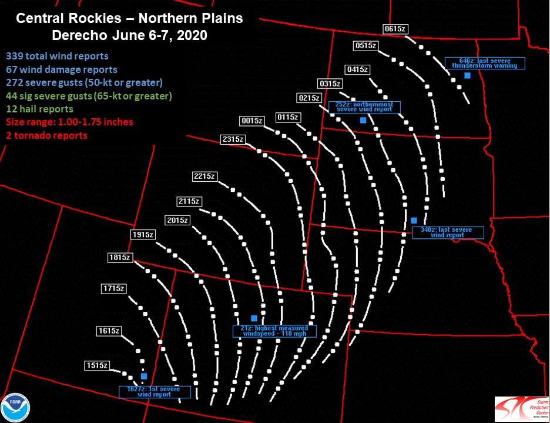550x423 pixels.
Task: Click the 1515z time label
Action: point(97,365)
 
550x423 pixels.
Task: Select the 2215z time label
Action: point(205,176)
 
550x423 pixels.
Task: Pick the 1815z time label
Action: point(120,257)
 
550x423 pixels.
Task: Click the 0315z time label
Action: point(330,83)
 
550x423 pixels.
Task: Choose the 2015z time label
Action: point(177,220)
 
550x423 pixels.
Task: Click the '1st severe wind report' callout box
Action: point(155,392)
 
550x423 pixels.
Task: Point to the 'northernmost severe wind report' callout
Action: point(364,107)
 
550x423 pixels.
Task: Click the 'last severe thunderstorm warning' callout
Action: point(485,64)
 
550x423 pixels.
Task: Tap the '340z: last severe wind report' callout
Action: point(447,232)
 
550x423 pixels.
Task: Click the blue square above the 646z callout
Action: point(467,75)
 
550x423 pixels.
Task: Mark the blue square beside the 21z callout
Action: point(254,318)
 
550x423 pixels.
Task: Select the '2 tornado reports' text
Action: point(46,135)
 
